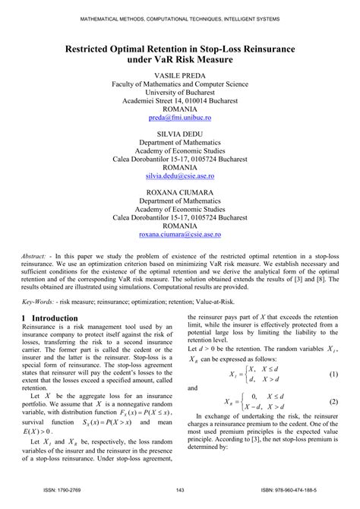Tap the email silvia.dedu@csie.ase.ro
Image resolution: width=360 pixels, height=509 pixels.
pyautogui.click(x=179, y=174)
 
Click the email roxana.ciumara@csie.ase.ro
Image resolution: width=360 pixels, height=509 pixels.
pyautogui.click(x=179, y=236)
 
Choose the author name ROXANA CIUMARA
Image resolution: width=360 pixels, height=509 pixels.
pyautogui.click(x=179, y=193)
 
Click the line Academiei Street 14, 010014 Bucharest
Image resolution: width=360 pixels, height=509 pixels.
pyautogui.click(x=179, y=100)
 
